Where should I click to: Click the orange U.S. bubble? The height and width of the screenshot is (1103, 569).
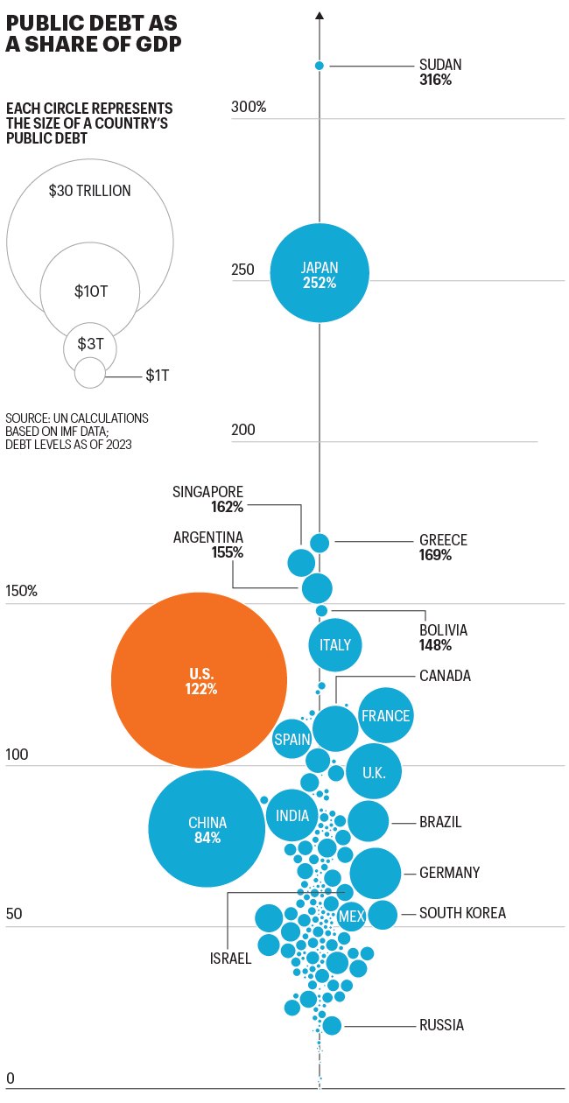[200, 680]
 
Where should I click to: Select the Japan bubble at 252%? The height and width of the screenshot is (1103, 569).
[319, 275]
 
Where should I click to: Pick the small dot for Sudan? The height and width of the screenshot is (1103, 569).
[320, 66]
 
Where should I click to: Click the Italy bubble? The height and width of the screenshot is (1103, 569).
[335, 645]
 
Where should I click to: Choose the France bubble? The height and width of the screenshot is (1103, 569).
[385, 715]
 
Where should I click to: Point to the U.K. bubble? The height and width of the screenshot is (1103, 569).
[374, 772]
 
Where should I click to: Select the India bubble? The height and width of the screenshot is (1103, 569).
[292, 815]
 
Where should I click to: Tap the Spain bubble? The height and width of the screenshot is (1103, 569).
[292, 739]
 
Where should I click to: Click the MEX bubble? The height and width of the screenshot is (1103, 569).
[352, 916]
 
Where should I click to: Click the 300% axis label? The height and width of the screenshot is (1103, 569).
[249, 107]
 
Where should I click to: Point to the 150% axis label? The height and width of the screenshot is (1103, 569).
[22, 590]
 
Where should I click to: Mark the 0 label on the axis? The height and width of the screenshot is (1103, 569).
[11, 1078]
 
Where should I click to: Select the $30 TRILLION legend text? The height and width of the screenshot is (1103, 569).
[89, 190]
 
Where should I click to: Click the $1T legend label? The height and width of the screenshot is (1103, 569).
[158, 376]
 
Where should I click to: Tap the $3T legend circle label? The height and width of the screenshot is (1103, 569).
[90, 343]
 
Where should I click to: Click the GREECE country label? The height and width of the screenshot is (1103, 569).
[443, 540]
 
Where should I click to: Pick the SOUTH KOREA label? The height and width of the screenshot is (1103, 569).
[462, 913]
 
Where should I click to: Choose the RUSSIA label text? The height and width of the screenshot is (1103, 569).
[441, 1025]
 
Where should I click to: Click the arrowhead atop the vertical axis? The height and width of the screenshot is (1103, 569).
[320, 15]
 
